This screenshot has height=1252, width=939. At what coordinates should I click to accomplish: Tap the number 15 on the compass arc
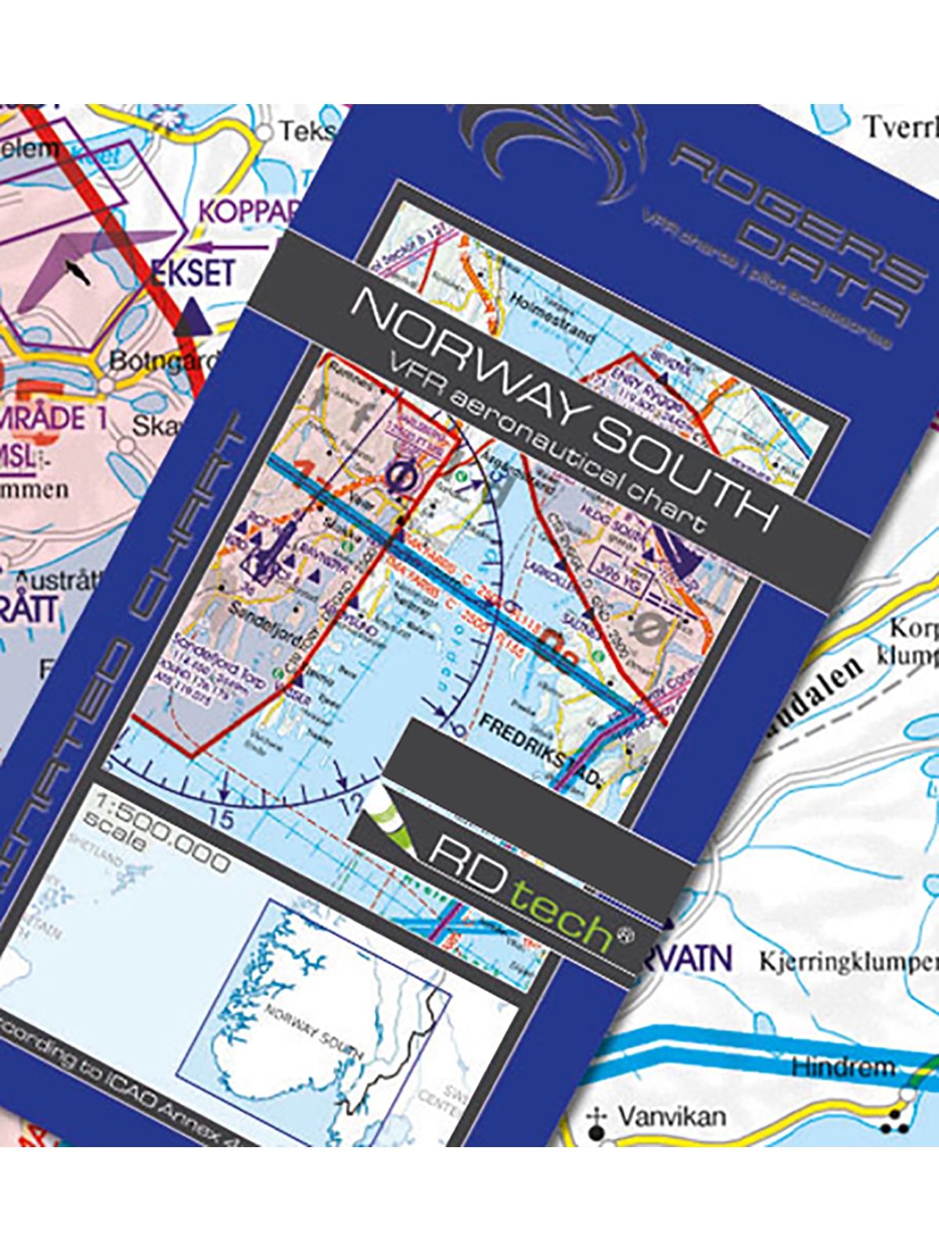[222, 819]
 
